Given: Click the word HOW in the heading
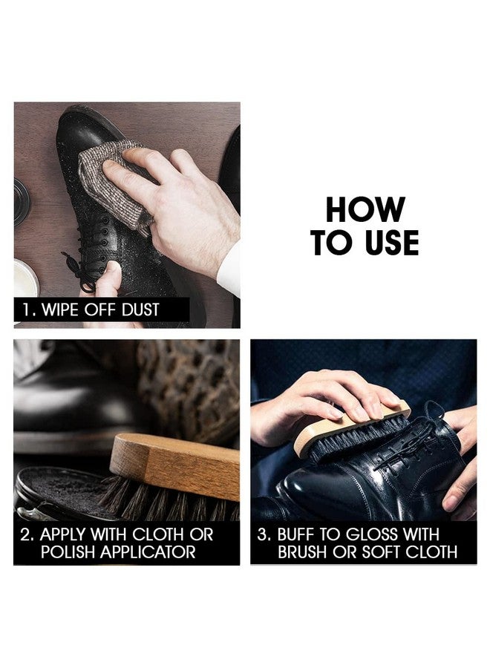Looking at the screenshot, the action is point(365,209).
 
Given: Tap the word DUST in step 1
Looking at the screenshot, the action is point(140,310).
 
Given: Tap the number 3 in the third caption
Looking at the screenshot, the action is point(263,534).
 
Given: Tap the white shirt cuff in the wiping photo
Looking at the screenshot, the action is point(229,272).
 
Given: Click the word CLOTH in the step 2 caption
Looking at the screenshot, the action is point(159,534).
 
